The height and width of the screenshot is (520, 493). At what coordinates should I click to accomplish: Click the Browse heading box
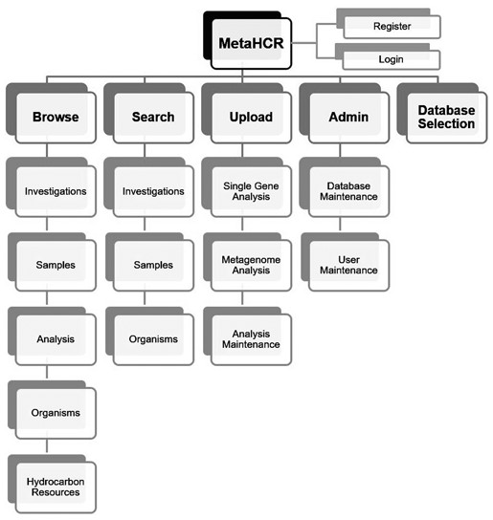point(56,118)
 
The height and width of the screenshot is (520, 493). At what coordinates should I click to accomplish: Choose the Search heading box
point(153,118)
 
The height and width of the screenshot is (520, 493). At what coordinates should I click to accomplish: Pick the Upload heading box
point(251,118)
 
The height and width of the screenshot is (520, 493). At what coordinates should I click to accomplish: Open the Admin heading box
point(348,118)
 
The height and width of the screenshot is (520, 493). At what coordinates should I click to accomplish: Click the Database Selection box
point(446,118)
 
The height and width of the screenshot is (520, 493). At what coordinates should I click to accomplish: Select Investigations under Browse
point(56,191)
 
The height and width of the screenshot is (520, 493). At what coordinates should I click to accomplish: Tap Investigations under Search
point(153,191)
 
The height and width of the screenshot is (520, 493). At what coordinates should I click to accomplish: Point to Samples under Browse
point(56,265)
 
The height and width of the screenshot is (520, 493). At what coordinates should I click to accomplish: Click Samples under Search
point(153,265)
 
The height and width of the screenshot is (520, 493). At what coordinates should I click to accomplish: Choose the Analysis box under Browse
point(56,338)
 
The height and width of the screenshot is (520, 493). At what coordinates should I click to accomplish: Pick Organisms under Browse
point(56,412)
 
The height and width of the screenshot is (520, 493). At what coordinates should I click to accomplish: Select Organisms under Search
point(153,338)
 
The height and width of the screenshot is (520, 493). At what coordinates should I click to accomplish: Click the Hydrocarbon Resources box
point(56,486)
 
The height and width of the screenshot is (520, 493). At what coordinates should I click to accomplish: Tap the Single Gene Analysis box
point(251,191)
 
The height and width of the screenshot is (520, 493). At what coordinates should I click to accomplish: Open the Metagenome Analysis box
point(251,265)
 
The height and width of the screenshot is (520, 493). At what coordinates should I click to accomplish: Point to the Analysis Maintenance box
point(251,338)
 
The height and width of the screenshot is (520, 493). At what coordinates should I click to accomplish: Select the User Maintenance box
point(348,265)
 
